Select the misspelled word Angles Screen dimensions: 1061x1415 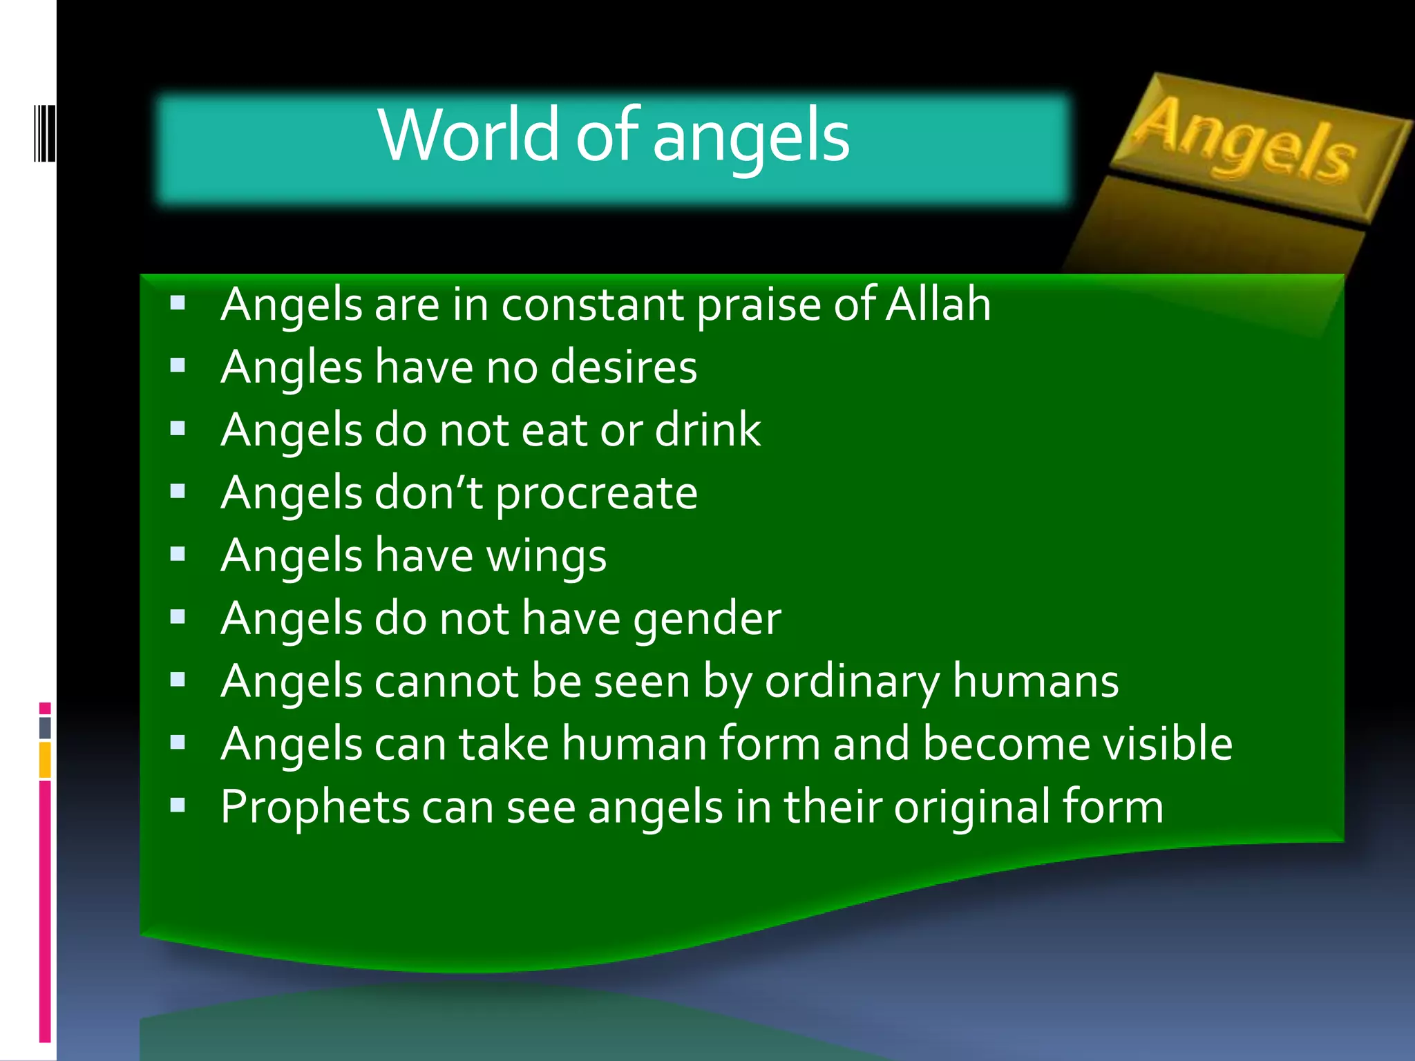click(x=291, y=367)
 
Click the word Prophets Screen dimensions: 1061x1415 click(x=315, y=807)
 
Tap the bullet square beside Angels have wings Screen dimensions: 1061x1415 click(x=178, y=554)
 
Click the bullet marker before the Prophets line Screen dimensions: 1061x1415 click(x=178, y=805)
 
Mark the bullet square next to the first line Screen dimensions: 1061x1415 click(x=178, y=303)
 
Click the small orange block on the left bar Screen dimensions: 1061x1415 click(x=45, y=760)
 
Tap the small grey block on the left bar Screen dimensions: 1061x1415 click(x=45, y=727)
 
